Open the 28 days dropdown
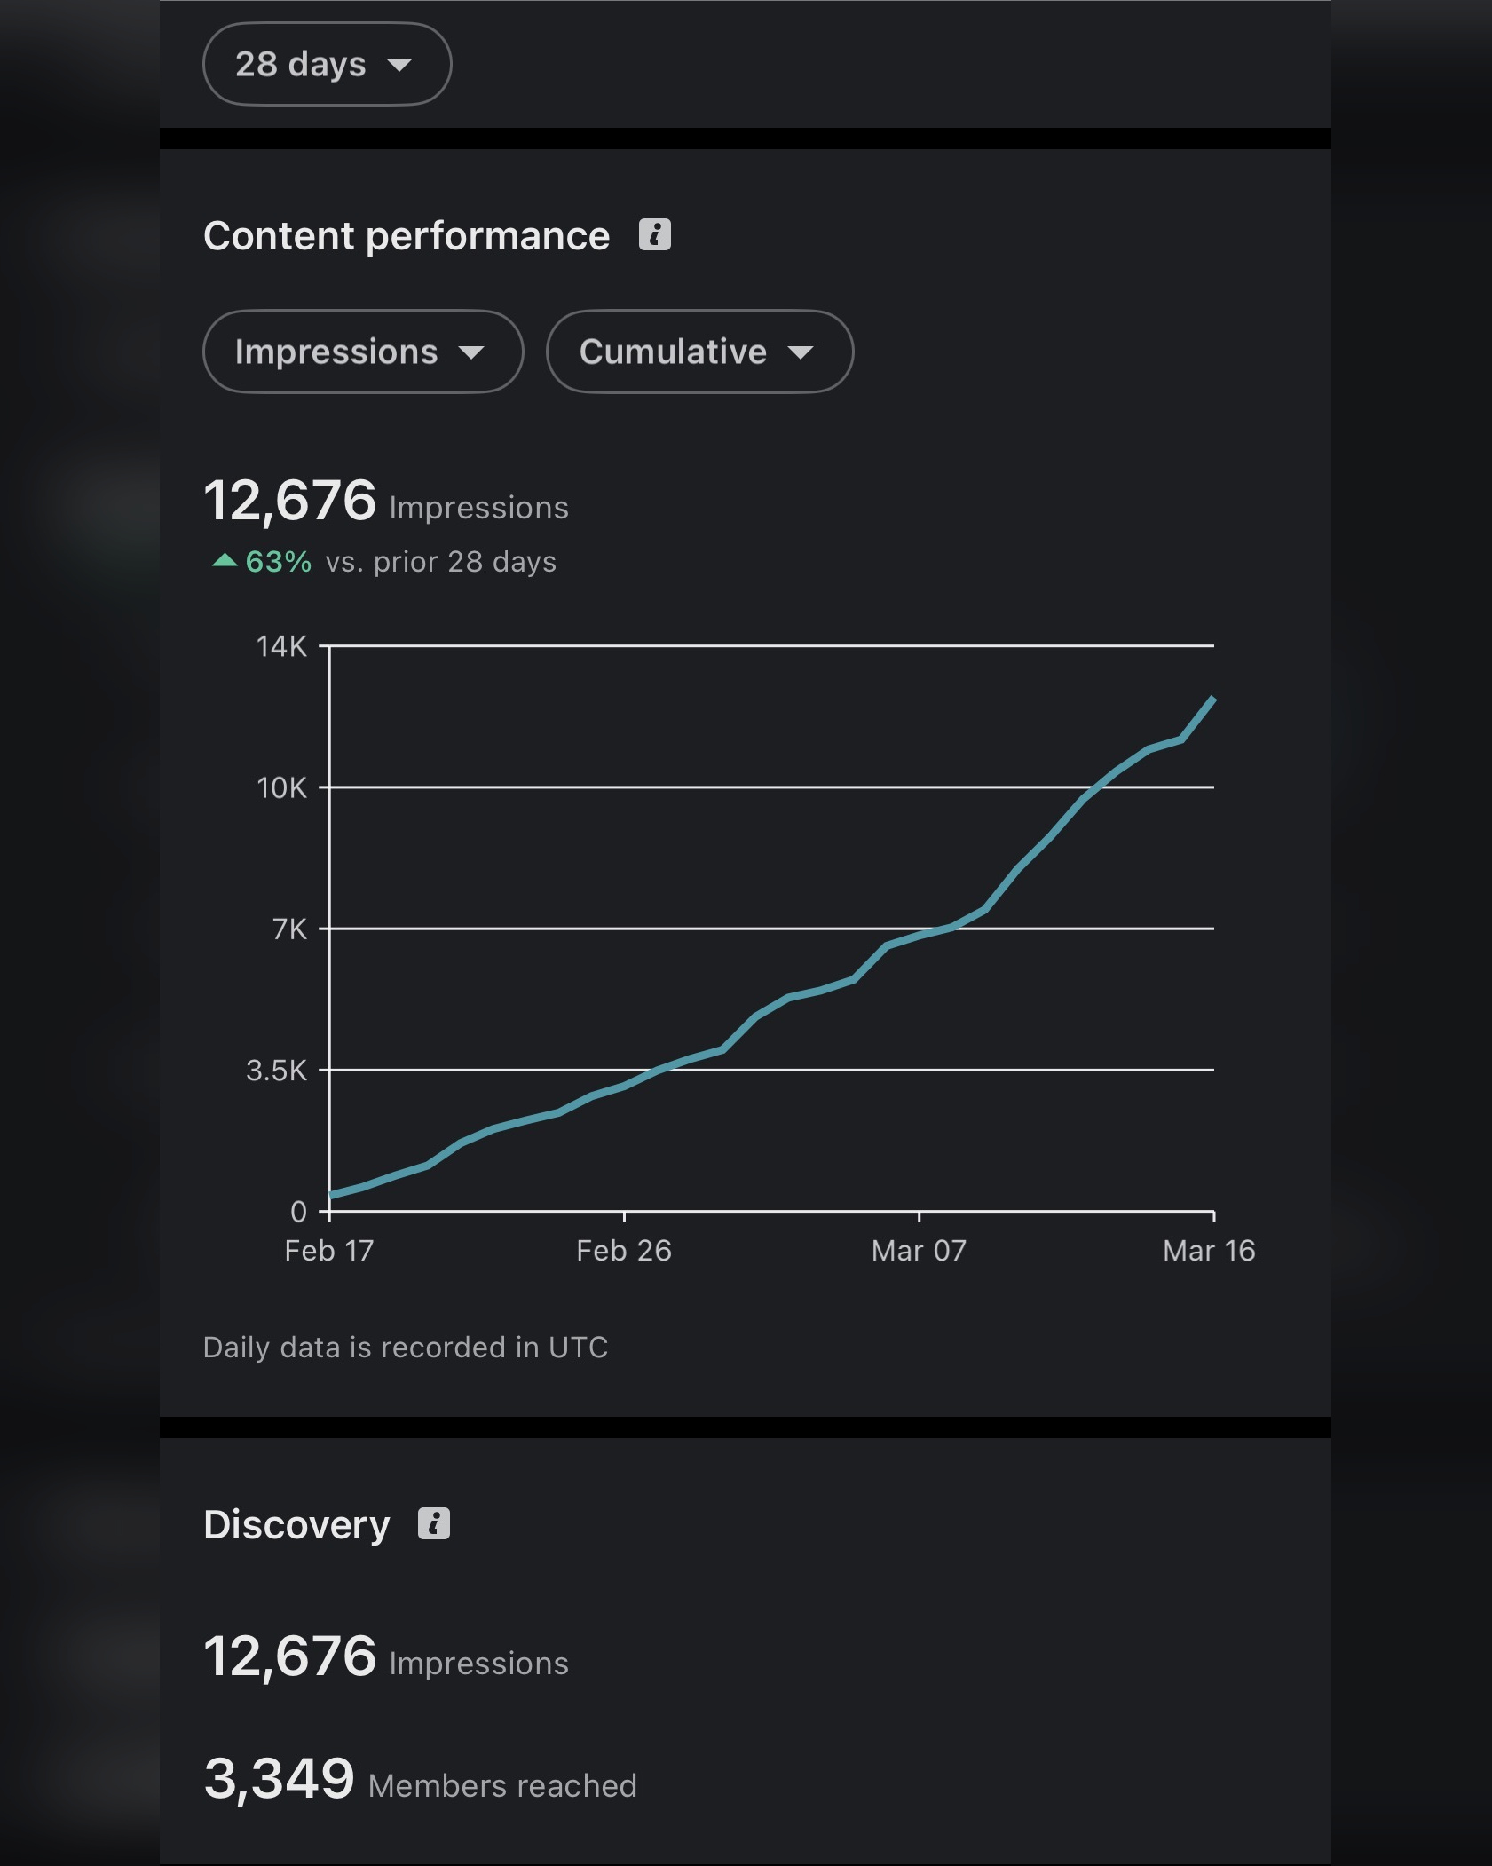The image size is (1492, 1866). pos(327,64)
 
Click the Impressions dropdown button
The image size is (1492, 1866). pos(362,352)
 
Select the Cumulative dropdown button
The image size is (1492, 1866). pos(699,352)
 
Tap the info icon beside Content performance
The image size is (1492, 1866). pos(655,235)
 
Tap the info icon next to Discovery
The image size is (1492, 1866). pos(434,1524)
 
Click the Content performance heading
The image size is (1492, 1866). pos(407,236)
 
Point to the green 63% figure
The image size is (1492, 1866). pos(278,562)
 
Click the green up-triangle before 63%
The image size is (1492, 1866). pos(225,560)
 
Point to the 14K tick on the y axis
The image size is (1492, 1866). pos(282,646)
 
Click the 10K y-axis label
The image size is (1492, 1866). pos(282,788)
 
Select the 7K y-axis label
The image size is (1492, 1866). pos(289,929)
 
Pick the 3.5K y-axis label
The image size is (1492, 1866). pos(277,1071)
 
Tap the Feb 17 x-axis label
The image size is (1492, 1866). pos(328,1251)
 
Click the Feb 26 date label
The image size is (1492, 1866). pos(624,1251)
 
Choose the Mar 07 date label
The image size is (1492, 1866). pos(919,1251)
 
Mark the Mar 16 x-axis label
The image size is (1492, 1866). pos(1209,1251)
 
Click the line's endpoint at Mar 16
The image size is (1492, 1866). pos(1212,700)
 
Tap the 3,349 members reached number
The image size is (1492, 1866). pos(279,1779)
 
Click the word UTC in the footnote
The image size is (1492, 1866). pos(578,1348)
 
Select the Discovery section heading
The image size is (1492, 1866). pos(296,1525)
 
